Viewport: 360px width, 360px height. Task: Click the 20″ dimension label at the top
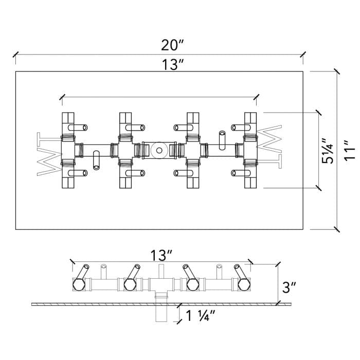[173, 45]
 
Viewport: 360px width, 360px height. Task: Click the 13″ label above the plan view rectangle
[173, 64]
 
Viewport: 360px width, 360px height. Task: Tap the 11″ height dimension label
[350, 150]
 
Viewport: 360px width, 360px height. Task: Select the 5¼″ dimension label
[327, 151]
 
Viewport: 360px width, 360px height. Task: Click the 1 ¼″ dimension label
[200, 316]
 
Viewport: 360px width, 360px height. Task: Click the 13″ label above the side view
[161, 255]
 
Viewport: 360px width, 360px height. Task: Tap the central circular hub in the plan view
[159, 151]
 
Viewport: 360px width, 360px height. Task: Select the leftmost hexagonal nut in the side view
[79, 285]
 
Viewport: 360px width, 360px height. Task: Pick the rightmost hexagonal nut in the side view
[244, 285]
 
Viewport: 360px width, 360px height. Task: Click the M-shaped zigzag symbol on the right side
[269, 139]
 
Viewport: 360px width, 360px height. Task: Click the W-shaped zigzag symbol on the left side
[49, 161]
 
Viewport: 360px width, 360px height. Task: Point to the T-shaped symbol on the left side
[49, 139]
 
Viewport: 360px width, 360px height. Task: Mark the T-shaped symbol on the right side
[269, 161]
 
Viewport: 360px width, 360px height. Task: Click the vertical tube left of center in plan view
[97, 160]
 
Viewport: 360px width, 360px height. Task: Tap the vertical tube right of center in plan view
[222, 140]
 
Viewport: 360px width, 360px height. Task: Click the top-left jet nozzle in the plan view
[78, 128]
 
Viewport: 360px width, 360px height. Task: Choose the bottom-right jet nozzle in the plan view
[241, 173]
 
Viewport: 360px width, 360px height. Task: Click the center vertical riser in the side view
[161, 271]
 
